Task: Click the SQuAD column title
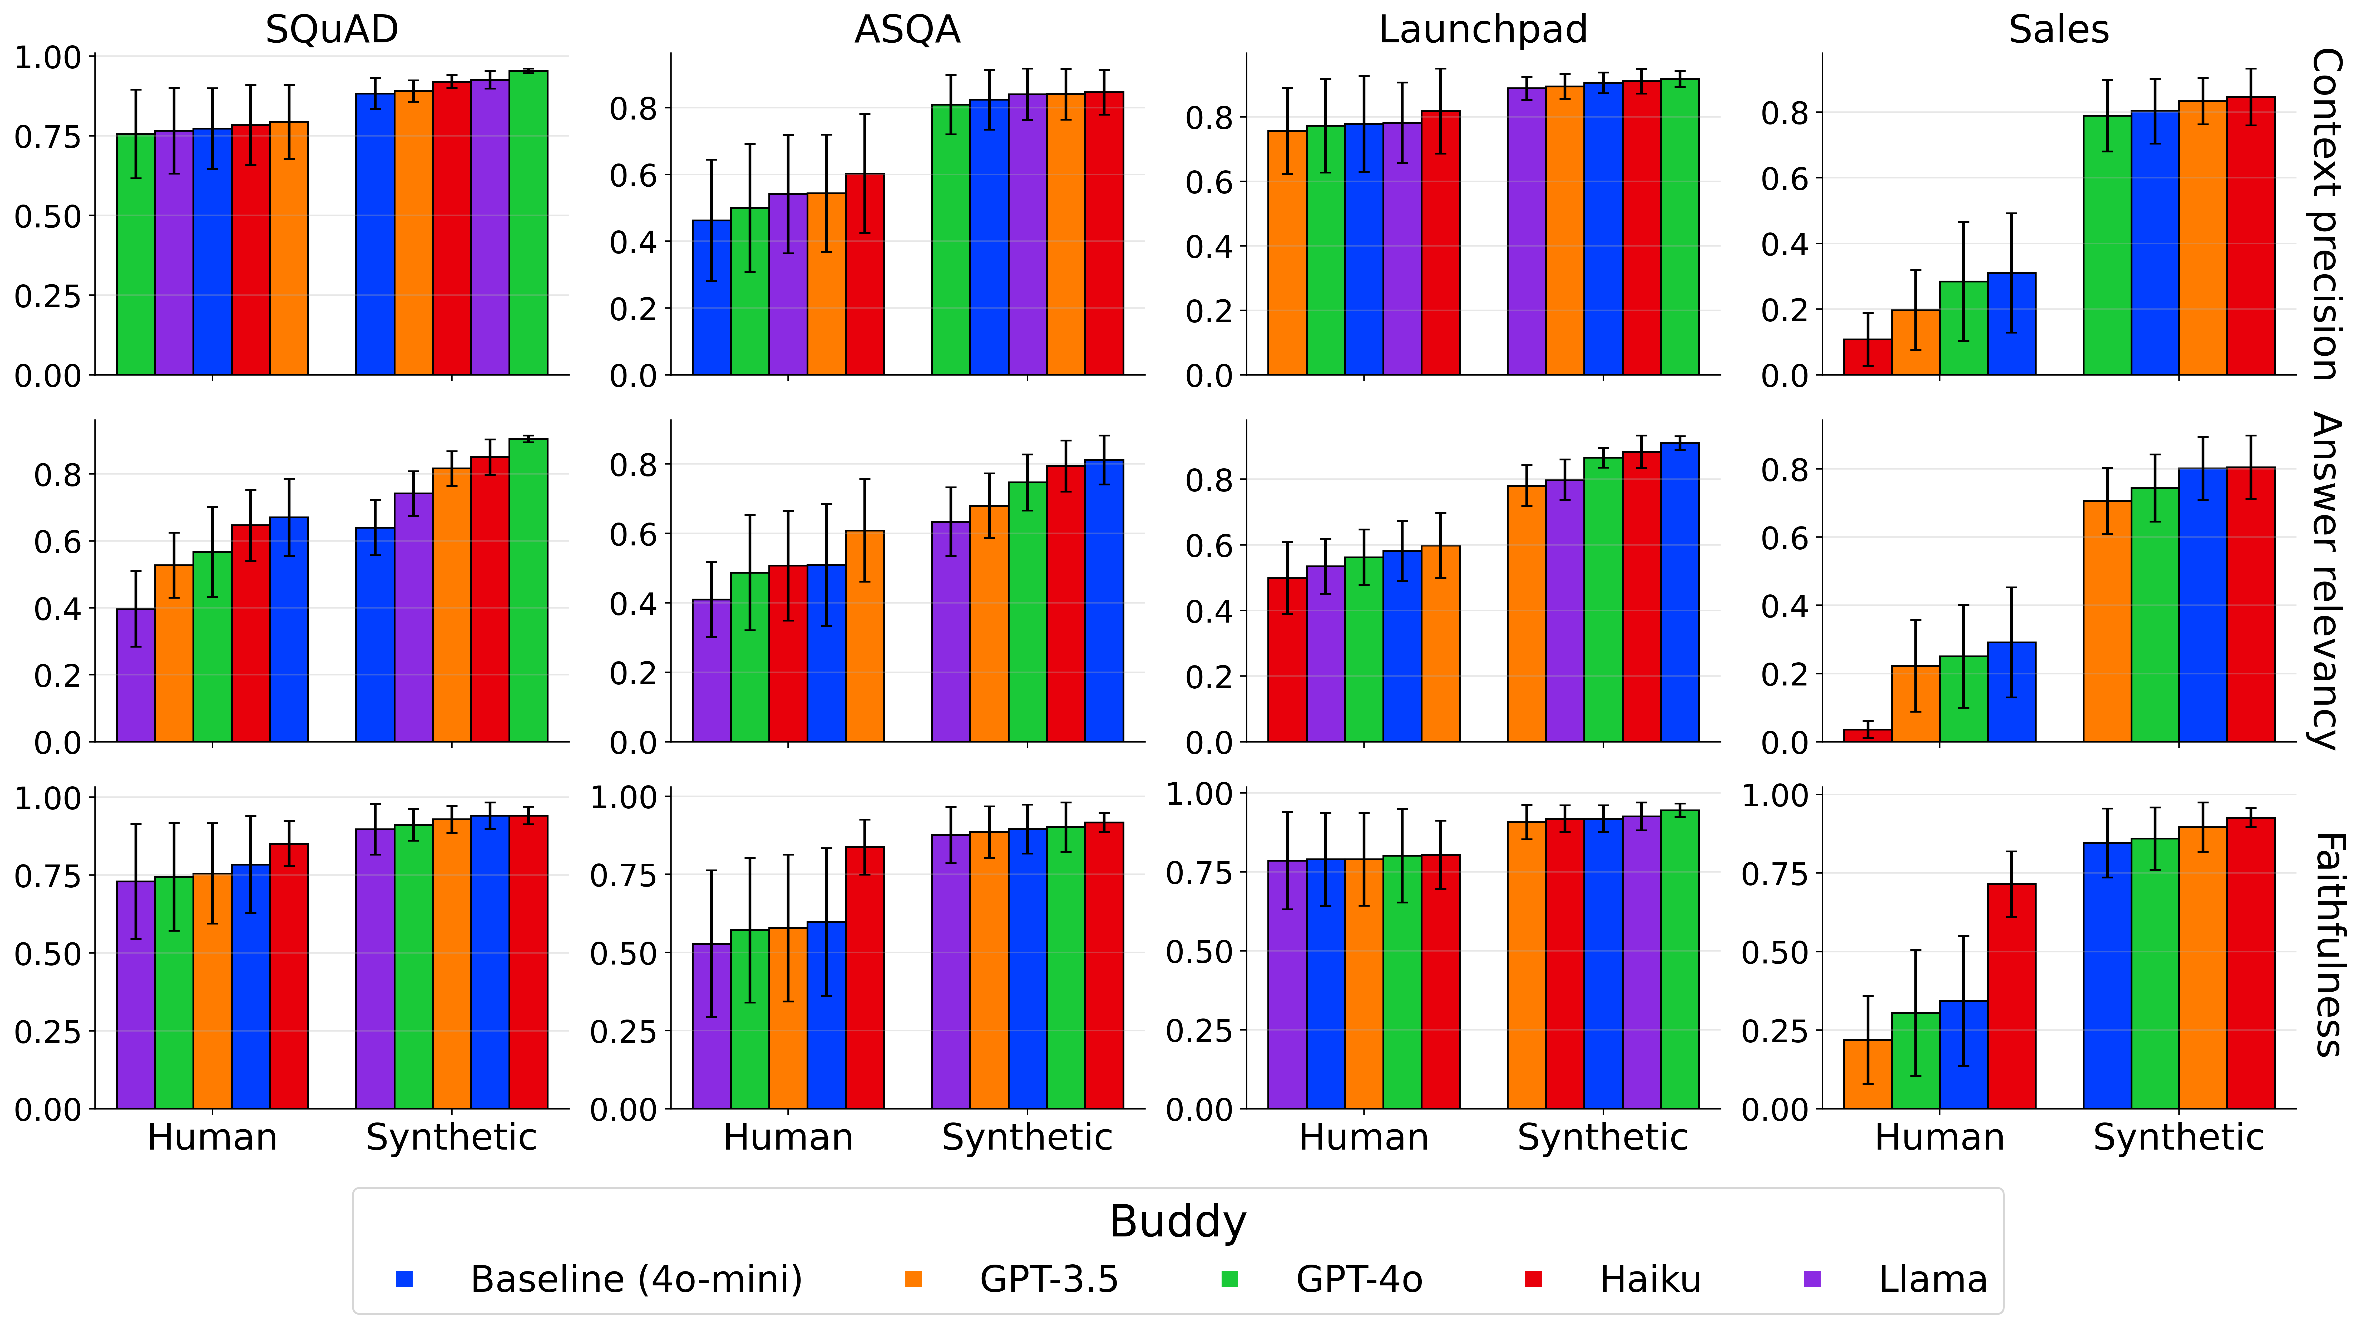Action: (332, 29)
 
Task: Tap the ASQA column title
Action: (907, 29)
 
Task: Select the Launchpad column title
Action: (1483, 29)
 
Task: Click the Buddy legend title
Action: (1177, 1221)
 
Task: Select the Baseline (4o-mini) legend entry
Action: (636, 1279)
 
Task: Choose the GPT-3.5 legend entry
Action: (1048, 1279)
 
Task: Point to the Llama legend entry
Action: (1932, 1279)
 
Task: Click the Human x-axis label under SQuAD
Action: (212, 1137)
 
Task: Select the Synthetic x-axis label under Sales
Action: (2179, 1137)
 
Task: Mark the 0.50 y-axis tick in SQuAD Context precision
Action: (48, 217)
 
